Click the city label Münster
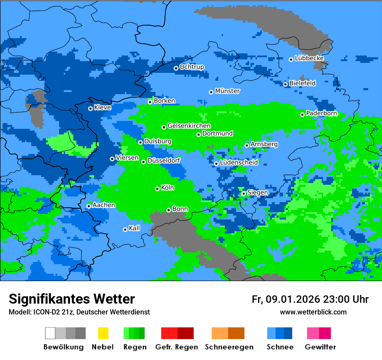pos(227,91)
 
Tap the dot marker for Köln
pos(157,189)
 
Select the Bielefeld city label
pos(303,83)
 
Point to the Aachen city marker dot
pos(89,206)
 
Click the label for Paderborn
pos(321,114)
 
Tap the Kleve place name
pos(102,108)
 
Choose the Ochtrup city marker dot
pos(176,68)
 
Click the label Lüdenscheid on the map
pos(239,163)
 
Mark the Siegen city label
pos(258,193)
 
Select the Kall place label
pos(135,228)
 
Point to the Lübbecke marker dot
pos(291,59)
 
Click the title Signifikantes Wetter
pos(72,299)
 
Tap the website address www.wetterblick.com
pos(313,312)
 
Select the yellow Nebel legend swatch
pos(103,333)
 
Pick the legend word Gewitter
pos(320,347)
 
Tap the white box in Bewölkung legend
pos(50,333)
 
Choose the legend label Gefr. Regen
pos(177,347)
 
